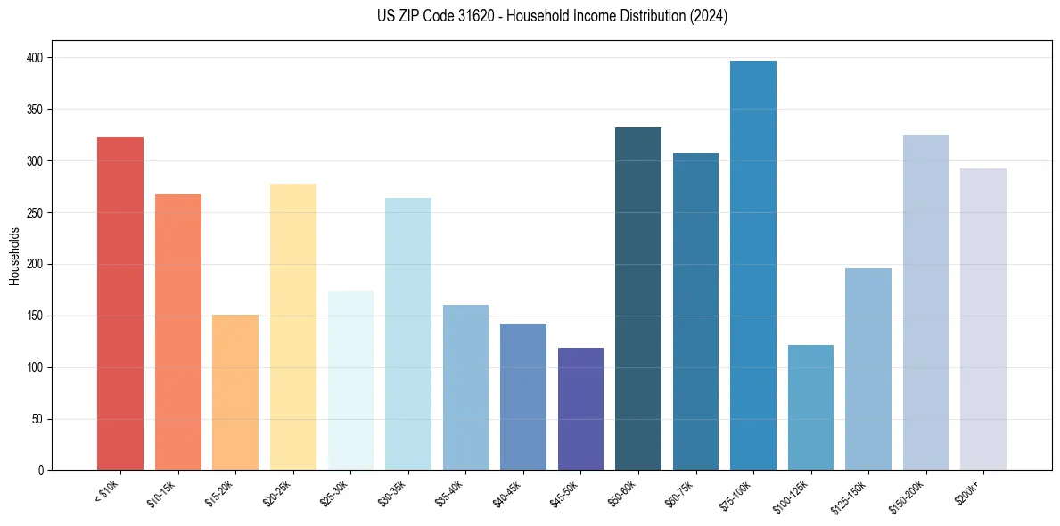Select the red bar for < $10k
point(120,303)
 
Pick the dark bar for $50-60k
point(638,299)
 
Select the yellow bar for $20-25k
point(293,326)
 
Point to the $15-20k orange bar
point(235,392)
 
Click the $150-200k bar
point(925,302)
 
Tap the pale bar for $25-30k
point(350,380)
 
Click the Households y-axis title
point(15,256)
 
